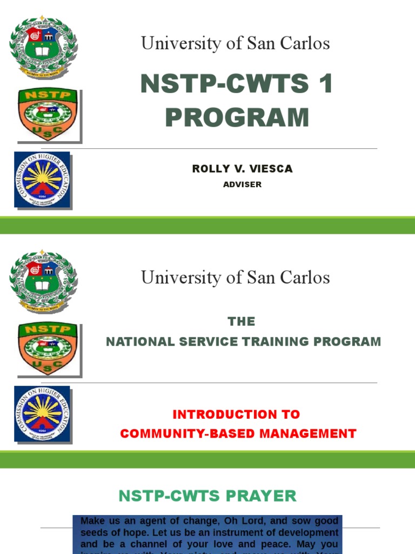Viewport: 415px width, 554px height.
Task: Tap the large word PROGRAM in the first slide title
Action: click(237, 117)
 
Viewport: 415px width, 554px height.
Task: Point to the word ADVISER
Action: click(242, 184)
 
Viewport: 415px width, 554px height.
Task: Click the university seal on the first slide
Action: click(43, 47)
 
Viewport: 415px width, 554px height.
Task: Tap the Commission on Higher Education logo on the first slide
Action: click(42, 180)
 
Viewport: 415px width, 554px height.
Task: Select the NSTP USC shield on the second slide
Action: click(48, 348)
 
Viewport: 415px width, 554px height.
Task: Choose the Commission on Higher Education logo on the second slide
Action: click(42, 414)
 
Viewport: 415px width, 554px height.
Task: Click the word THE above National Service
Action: click(242, 322)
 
